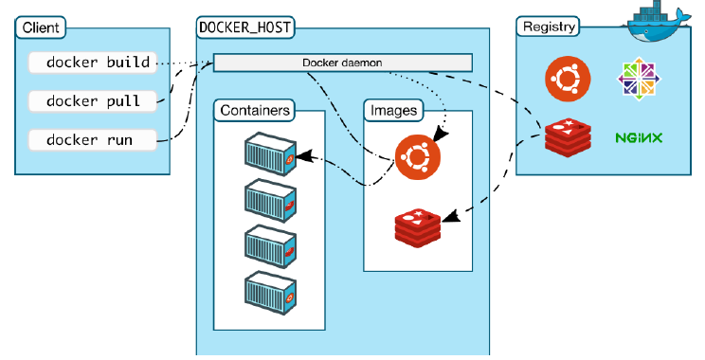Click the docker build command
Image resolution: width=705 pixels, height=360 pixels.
90,63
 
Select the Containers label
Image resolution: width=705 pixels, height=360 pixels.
253,110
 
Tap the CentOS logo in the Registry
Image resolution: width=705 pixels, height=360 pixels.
637,81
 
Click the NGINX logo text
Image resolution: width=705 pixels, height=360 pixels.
638,137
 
